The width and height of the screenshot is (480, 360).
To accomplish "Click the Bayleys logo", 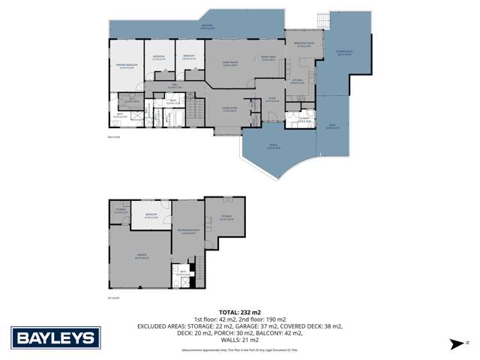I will [x=55, y=337].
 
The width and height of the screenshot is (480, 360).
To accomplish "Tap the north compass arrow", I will [x=454, y=343].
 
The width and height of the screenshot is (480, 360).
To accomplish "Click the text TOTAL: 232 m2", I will [x=240, y=311].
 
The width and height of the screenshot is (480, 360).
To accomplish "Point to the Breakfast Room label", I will [x=304, y=45].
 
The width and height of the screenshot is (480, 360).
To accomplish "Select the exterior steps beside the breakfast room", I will [x=324, y=18].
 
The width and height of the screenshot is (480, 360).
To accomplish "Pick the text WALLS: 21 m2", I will [x=240, y=340].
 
